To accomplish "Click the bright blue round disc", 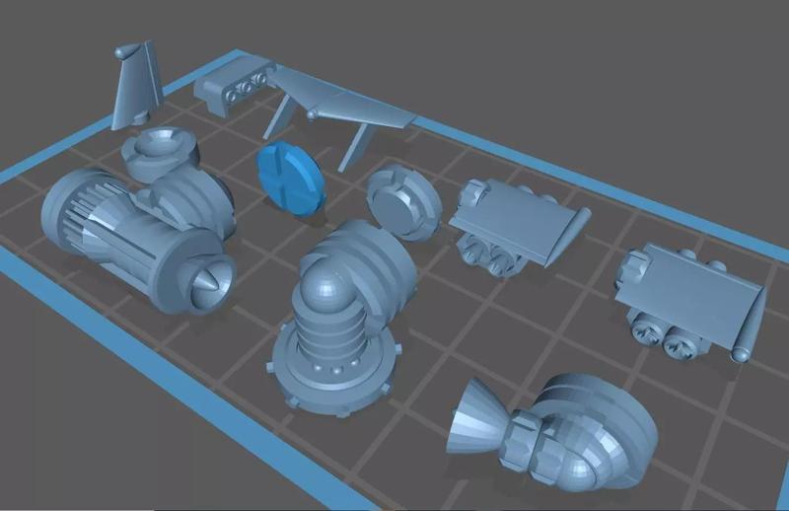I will (x=290, y=178).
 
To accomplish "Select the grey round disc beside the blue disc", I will (x=404, y=202).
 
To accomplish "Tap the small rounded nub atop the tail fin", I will (x=120, y=50).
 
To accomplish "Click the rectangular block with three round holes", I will (x=232, y=87).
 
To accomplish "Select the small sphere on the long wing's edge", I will (x=312, y=115).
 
